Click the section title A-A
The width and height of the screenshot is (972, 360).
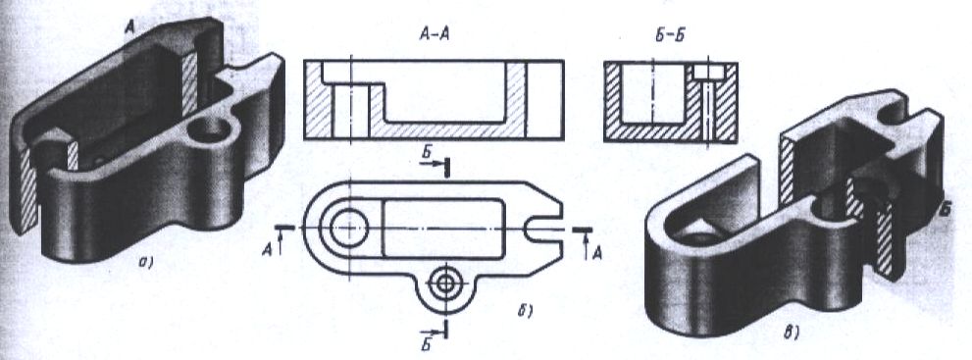434,36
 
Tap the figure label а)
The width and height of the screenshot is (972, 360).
146,263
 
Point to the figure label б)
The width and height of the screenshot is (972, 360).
526,312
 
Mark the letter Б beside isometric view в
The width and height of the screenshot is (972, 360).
946,211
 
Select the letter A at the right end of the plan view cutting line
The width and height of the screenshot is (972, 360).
597,253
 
